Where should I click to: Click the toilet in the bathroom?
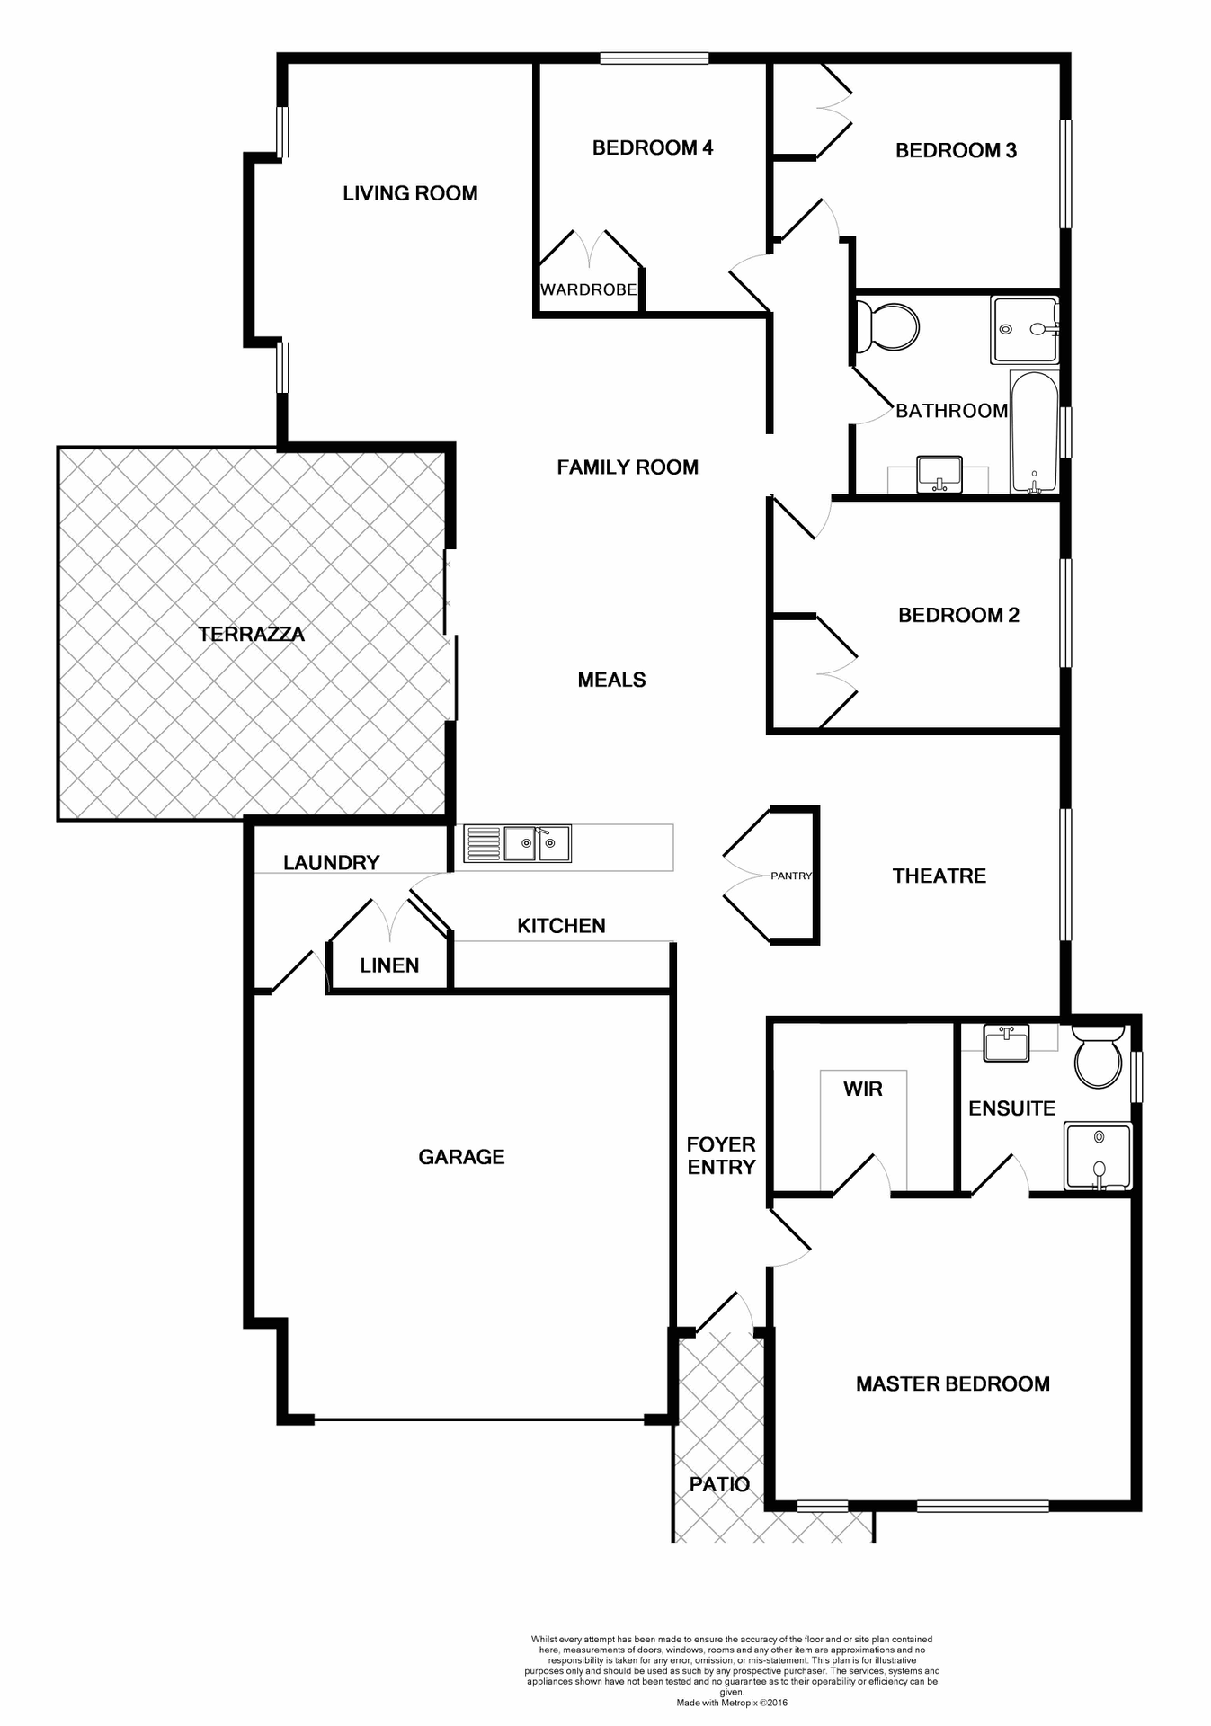click(888, 326)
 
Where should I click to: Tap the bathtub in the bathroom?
click(1033, 431)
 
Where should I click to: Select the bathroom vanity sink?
click(939, 474)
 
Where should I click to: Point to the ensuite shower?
click(1098, 1156)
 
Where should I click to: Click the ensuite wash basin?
click(1006, 1044)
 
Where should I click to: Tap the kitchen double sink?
click(537, 843)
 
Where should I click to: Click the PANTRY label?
click(791, 876)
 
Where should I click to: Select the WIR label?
click(863, 1090)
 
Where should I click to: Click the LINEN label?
click(389, 965)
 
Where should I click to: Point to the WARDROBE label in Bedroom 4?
click(589, 289)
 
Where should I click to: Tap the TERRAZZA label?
click(252, 635)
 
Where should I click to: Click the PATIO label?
click(719, 1484)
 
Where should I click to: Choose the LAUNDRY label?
click(331, 863)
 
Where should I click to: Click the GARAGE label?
click(461, 1157)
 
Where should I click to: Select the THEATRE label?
click(939, 876)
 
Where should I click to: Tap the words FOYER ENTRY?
click(721, 1156)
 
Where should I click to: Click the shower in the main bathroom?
click(1024, 330)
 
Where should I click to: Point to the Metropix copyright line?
click(732, 1703)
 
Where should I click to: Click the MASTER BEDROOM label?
click(952, 1383)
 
